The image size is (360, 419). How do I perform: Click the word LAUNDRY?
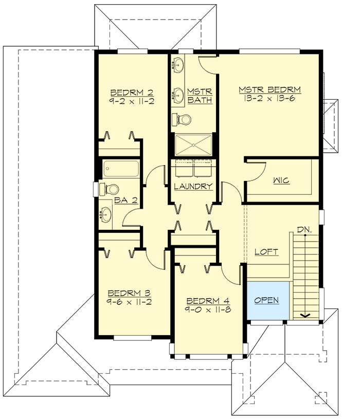click(193, 186)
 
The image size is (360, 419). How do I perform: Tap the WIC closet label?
click(281, 180)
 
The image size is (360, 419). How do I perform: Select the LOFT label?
click(266, 252)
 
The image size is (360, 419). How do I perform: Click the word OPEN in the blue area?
click(266, 300)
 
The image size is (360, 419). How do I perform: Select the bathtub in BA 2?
click(121, 169)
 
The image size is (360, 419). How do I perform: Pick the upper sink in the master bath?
click(179, 65)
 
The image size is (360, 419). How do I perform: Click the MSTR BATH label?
click(200, 96)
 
